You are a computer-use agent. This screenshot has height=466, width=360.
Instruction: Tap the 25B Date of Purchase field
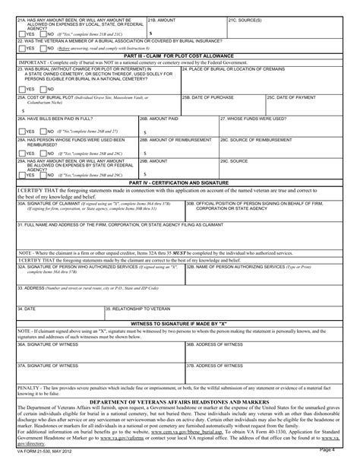click(x=222, y=109)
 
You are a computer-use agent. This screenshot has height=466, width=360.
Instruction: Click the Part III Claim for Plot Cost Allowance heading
click(x=179, y=55)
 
